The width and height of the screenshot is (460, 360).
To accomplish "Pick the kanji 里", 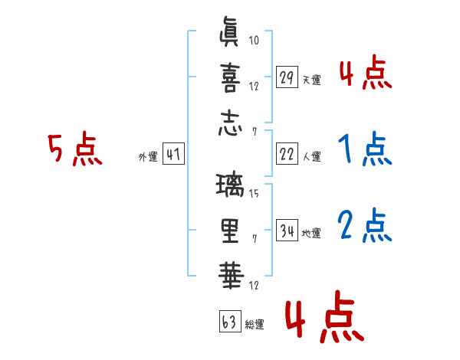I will click(x=230, y=229).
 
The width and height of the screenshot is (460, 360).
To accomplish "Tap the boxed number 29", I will click(x=287, y=77).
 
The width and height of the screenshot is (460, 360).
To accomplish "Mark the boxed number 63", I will click(x=229, y=322).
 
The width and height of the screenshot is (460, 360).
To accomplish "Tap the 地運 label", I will click(x=312, y=233).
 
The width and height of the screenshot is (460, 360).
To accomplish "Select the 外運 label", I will click(x=147, y=157).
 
